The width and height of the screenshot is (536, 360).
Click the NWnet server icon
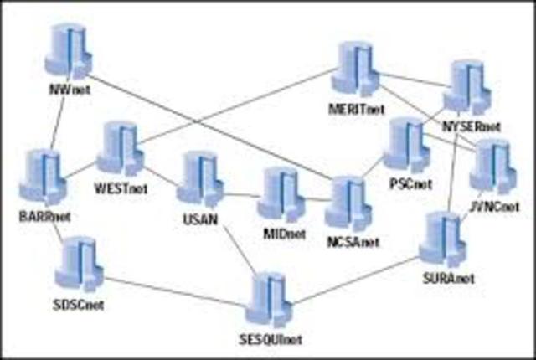pyautogui.click(x=64, y=49)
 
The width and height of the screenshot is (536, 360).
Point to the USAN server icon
pyautogui.click(x=198, y=177)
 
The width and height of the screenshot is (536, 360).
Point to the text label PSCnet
pyautogui.click(x=410, y=183)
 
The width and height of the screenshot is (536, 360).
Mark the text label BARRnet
pyautogui.click(x=44, y=217)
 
